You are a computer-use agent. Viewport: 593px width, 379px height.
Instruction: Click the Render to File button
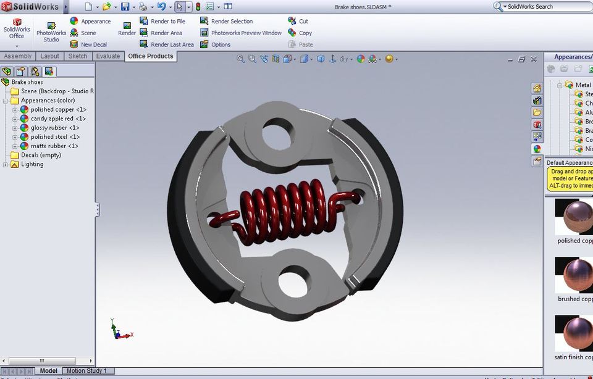[x=167, y=21]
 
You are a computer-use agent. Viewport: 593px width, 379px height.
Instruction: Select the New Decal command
[x=93, y=44]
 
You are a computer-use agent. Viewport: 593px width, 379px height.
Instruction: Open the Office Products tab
[x=151, y=56]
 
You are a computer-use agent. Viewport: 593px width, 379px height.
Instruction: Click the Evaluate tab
[x=108, y=56]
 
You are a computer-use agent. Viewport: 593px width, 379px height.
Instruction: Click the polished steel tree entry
[x=55, y=137]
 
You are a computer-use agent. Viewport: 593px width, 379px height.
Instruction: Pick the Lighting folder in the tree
[x=32, y=164]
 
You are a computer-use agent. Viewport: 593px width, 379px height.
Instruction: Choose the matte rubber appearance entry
[x=54, y=146]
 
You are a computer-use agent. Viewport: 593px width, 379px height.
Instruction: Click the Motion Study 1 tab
[x=86, y=371]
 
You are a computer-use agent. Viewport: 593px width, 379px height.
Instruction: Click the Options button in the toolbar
[x=221, y=44]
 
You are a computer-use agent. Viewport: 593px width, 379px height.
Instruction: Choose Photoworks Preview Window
[x=246, y=33]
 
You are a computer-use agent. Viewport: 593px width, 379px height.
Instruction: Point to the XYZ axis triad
[x=119, y=330]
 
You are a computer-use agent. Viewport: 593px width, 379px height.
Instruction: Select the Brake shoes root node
[x=27, y=82]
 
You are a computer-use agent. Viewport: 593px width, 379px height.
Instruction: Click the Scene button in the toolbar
[x=88, y=33]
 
